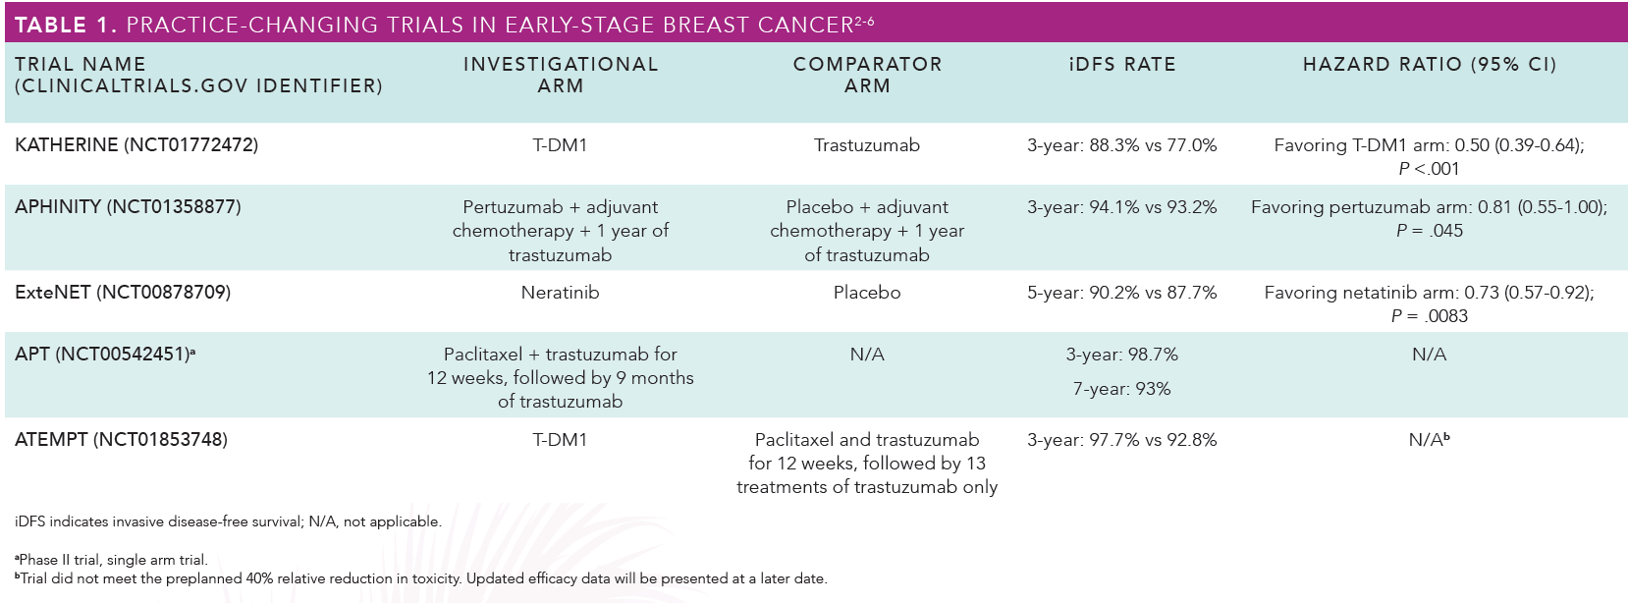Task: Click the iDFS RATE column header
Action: (1122, 65)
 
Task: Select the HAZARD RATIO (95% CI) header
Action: (1430, 65)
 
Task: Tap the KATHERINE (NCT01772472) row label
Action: (136, 145)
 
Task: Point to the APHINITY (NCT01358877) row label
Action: (128, 207)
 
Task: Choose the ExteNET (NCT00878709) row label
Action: (123, 293)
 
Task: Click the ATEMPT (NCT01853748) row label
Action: (122, 440)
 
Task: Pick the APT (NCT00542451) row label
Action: (105, 354)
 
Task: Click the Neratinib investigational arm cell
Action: (561, 293)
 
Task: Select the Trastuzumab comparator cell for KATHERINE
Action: (867, 145)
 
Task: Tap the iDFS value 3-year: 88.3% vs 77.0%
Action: (1122, 145)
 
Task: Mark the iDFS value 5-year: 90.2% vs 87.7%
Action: (1122, 293)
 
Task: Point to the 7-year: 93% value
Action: (1122, 389)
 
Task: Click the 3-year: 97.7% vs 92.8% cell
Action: (1122, 440)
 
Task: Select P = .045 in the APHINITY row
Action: (1430, 231)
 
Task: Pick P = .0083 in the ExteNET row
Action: (1430, 316)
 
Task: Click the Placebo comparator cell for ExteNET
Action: (867, 293)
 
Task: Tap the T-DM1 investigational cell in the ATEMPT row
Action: (561, 440)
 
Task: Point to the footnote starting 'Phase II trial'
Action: (111, 560)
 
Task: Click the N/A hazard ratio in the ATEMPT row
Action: (1429, 439)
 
